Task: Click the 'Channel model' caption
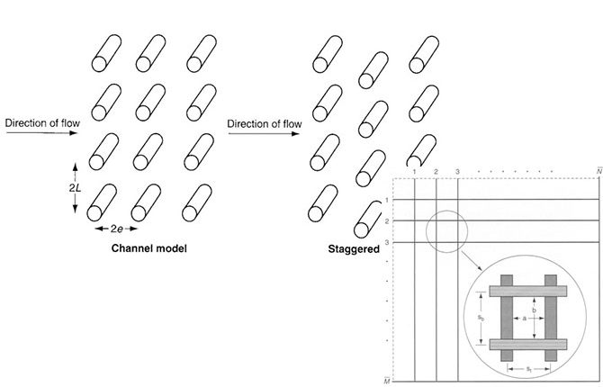tap(148, 247)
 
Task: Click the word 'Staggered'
tap(353, 247)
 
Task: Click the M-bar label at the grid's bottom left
tap(387, 380)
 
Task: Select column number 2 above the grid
tap(435, 171)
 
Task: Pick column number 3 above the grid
tap(458, 171)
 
